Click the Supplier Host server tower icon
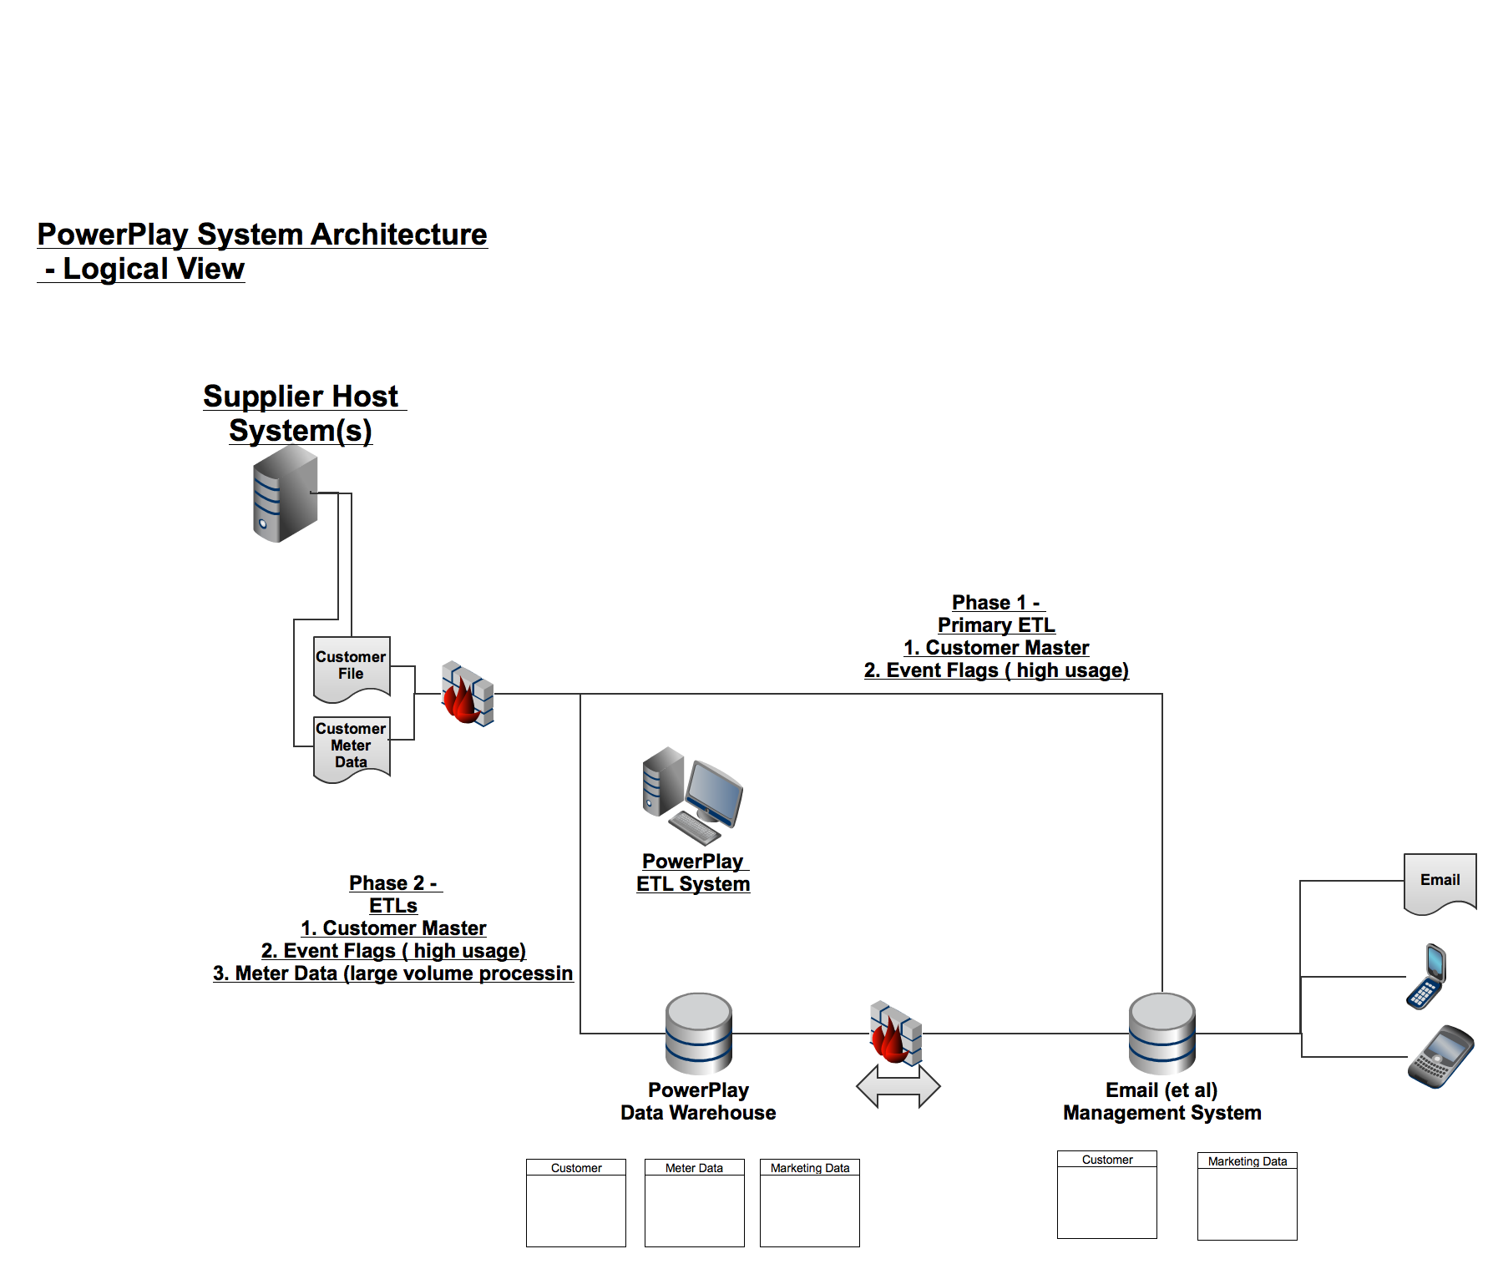tap(285, 493)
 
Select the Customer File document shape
tap(352, 667)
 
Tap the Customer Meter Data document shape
tap(352, 747)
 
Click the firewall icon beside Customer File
tap(468, 694)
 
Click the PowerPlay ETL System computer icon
tap(692, 796)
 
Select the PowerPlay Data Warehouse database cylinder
tap(699, 1033)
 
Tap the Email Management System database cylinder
tap(1162, 1033)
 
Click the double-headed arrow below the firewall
tap(898, 1086)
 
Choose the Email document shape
tap(1440, 882)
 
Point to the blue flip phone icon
tap(1427, 976)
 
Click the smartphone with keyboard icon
tap(1441, 1056)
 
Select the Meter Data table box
tap(694, 1202)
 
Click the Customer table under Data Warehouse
tap(576, 1202)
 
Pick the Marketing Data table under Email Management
tap(1247, 1196)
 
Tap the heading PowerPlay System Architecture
tap(262, 235)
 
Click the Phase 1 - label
tap(996, 603)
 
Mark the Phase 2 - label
tap(393, 883)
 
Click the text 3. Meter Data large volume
tap(393, 973)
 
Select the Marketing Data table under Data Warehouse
tap(810, 1202)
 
